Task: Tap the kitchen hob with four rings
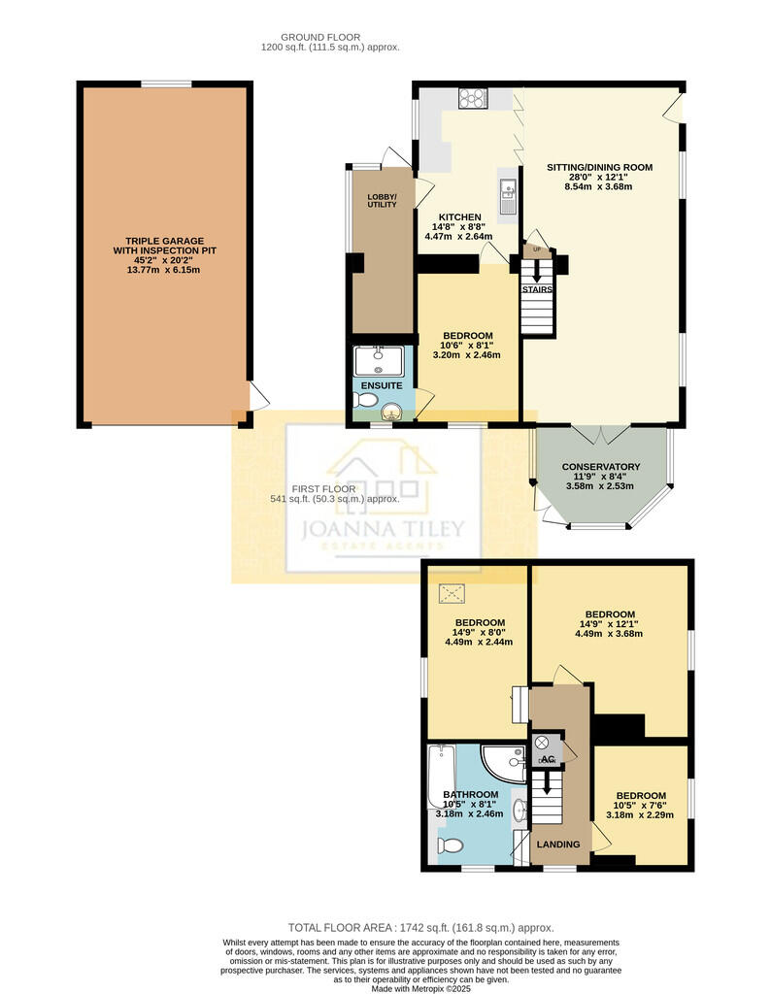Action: [472, 98]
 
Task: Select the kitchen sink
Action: [509, 196]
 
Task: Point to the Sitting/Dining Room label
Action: [599, 167]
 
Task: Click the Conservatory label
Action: [601, 467]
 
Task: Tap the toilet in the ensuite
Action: [365, 400]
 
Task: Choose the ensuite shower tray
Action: [379, 361]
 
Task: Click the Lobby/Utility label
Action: [382, 200]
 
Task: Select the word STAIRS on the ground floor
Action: [537, 289]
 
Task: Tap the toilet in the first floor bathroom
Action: [451, 845]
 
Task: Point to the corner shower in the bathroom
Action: [504, 763]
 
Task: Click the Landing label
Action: [558, 845]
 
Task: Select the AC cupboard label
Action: [548, 759]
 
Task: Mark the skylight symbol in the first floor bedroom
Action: [452, 594]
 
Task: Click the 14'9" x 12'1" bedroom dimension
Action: [609, 624]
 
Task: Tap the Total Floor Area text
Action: [421, 927]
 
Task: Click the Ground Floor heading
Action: [320, 38]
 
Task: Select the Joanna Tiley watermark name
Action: [383, 529]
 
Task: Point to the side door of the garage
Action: [258, 396]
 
